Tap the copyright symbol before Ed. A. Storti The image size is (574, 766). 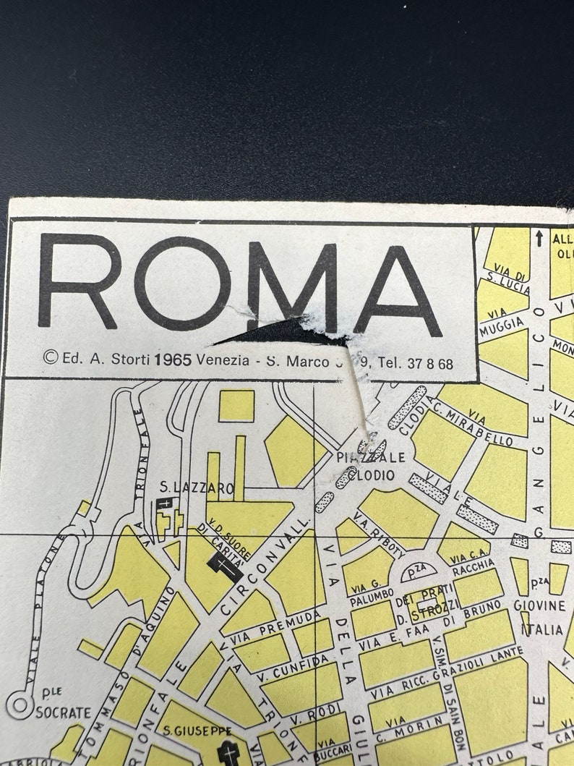pyautogui.click(x=50, y=357)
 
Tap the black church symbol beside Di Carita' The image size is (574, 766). pyautogui.click(x=226, y=568)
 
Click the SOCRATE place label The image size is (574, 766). pyautogui.click(x=64, y=712)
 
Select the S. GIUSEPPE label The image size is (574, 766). pyautogui.click(x=197, y=731)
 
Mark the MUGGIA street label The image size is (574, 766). pyautogui.click(x=500, y=325)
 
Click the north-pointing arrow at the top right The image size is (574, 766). pyautogui.click(x=539, y=237)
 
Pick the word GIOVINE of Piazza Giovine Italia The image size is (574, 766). pyautogui.click(x=539, y=605)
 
